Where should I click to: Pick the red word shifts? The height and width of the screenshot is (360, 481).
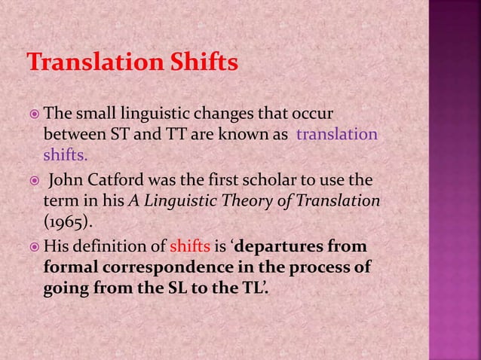point(189,249)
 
